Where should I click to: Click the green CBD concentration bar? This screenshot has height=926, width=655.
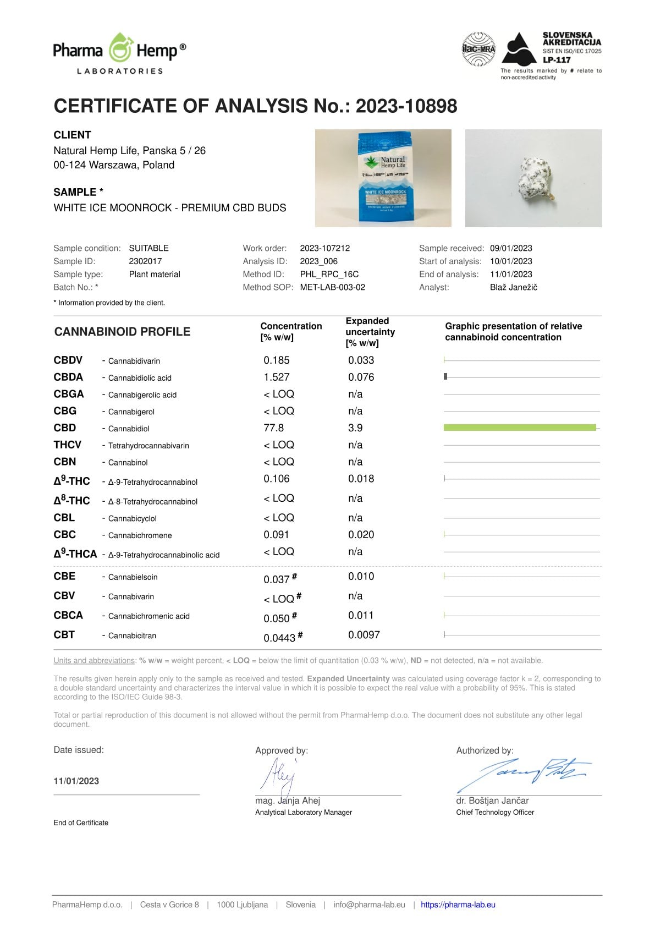tap(519, 428)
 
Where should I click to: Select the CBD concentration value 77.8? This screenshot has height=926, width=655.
tap(274, 428)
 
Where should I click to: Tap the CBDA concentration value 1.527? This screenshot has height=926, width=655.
tap(276, 377)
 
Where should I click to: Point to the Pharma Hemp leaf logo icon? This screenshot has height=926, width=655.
tap(120, 48)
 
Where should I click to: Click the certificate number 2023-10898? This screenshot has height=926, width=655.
tap(406, 106)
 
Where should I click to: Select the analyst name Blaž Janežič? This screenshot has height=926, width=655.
tap(513, 287)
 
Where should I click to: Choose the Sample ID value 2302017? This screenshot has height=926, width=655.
tap(145, 261)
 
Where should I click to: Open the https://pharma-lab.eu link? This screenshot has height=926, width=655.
tap(458, 905)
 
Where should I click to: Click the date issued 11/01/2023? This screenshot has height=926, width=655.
tap(76, 781)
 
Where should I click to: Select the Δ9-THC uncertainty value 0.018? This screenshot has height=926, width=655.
tap(361, 479)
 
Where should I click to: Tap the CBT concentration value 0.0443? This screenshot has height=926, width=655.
tap(279, 638)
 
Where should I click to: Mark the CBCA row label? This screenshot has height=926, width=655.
tap(68, 615)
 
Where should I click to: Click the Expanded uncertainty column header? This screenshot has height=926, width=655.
tap(370, 332)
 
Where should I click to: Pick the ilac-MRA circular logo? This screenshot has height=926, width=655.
tap(478, 50)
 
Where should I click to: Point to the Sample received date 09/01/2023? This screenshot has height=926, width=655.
tap(511, 248)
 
